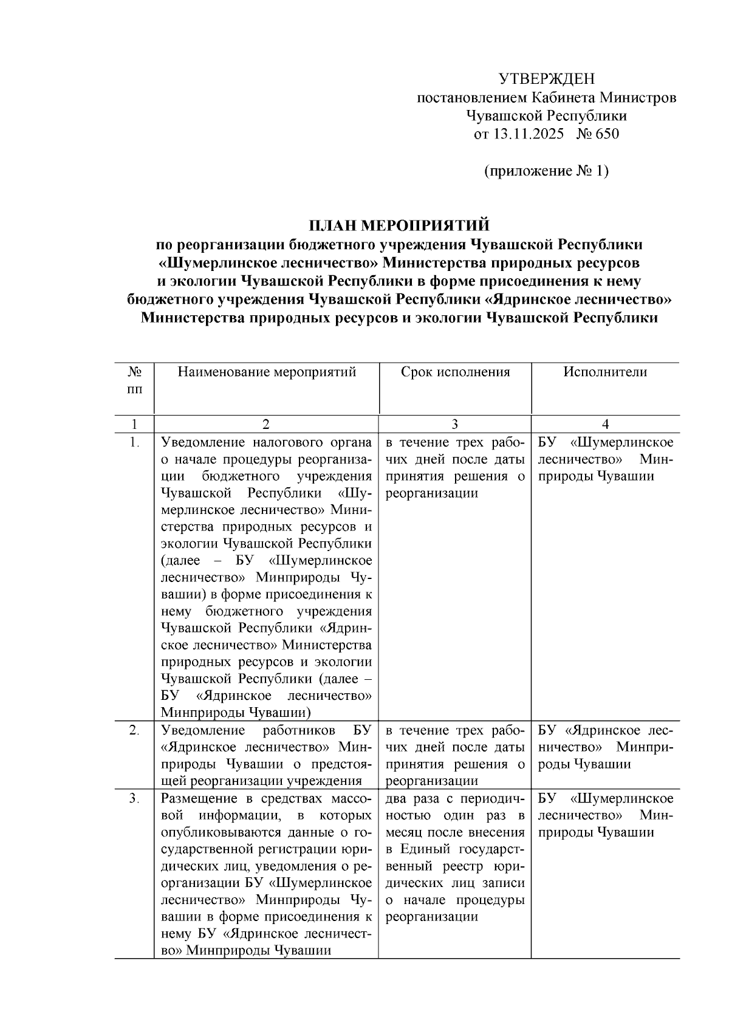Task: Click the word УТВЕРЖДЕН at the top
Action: point(546,78)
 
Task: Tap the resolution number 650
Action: point(607,134)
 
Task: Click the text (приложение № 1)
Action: point(546,171)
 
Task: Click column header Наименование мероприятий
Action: point(267,372)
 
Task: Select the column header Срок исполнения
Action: point(455,372)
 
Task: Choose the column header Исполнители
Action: point(605,372)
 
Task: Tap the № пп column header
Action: point(135,380)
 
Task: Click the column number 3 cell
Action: point(455,424)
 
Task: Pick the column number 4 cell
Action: point(605,424)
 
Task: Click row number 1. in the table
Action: point(135,442)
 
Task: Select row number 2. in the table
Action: point(135,730)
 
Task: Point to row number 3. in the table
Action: point(135,798)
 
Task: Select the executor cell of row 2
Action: point(605,747)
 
